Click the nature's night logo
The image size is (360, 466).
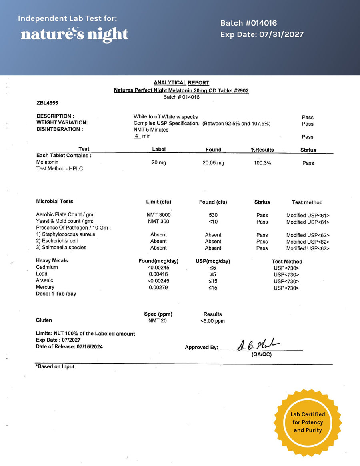coord(74,34)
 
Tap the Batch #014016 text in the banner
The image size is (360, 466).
coord(248,23)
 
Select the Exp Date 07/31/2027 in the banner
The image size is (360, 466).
coord(262,35)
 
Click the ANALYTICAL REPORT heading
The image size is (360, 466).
coord(181,83)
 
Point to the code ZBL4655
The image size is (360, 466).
coord(47,103)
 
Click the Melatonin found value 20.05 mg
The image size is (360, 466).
coord(213,163)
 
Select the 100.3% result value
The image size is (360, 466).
coord(262,163)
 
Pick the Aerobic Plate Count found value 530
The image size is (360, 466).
coord(213,215)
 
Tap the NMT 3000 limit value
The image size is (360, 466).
coord(158,215)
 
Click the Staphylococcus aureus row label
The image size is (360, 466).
coord(66,234)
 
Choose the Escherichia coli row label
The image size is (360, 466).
coord(57,241)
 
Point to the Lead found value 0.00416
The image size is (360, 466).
coord(158,274)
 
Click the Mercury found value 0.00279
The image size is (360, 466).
coord(158,287)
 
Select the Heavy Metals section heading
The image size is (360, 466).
coord(52,261)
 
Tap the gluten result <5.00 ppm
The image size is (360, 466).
coord(212,321)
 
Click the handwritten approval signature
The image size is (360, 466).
coord(258,345)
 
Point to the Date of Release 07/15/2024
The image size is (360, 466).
coord(69,347)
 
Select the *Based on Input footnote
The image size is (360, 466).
coord(55,366)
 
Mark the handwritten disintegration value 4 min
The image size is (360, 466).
coord(142,136)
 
